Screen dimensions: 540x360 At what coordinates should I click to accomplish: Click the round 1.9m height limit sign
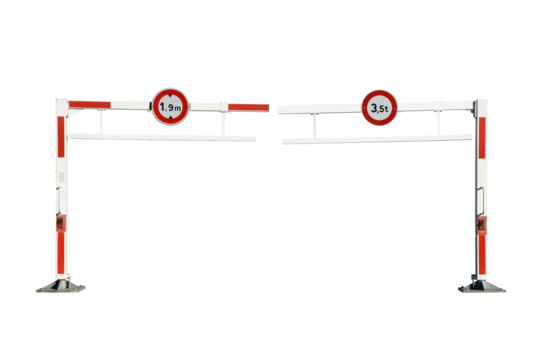(168, 104)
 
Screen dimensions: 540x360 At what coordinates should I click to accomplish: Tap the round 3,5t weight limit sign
(377, 105)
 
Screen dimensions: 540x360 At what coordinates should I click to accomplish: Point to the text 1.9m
(168, 105)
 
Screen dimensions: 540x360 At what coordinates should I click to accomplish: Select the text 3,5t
(377, 106)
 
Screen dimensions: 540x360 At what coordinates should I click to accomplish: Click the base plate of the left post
(61, 287)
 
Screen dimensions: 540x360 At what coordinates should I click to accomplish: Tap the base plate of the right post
(481, 287)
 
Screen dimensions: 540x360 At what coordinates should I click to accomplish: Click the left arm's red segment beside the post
(89, 102)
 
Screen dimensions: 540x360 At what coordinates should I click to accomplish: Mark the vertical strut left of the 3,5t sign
(317, 122)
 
